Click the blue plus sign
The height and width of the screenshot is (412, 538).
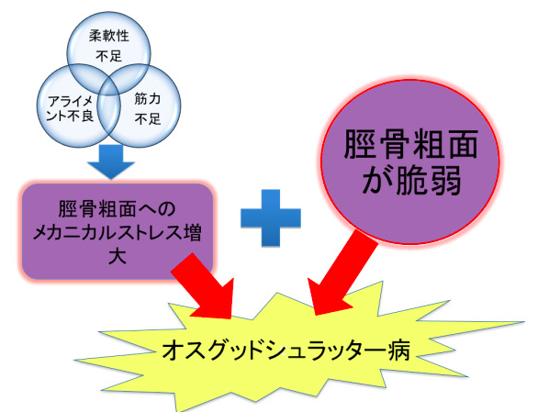(x=271, y=217)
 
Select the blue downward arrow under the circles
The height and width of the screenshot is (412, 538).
(x=110, y=161)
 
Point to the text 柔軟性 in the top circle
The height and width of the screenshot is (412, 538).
(x=108, y=36)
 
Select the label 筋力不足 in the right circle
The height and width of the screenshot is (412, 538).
(x=148, y=109)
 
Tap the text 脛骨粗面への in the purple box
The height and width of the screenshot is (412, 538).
(x=117, y=209)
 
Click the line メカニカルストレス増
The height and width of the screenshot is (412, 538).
(x=117, y=233)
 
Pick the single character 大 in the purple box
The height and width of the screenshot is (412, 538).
(x=117, y=256)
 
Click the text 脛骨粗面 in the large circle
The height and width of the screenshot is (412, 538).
(x=410, y=144)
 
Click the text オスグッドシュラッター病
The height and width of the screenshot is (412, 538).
(x=286, y=351)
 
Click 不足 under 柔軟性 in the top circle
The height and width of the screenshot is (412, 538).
(x=108, y=56)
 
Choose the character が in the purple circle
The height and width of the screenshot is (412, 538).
(x=377, y=181)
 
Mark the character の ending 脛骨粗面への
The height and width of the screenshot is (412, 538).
(x=167, y=209)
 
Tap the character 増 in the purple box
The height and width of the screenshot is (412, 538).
(x=192, y=233)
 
